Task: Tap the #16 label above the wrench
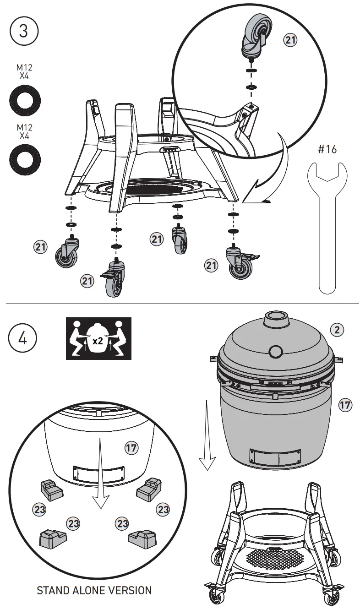(327, 150)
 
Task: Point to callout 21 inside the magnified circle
(290, 40)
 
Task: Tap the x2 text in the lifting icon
(98, 341)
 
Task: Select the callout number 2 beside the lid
(337, 329)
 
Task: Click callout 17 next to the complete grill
(345, 404)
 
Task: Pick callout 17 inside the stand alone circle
(131, 447)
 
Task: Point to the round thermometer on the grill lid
(276, 351)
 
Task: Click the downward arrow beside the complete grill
(207, 435)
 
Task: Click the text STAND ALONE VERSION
(94, 590)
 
